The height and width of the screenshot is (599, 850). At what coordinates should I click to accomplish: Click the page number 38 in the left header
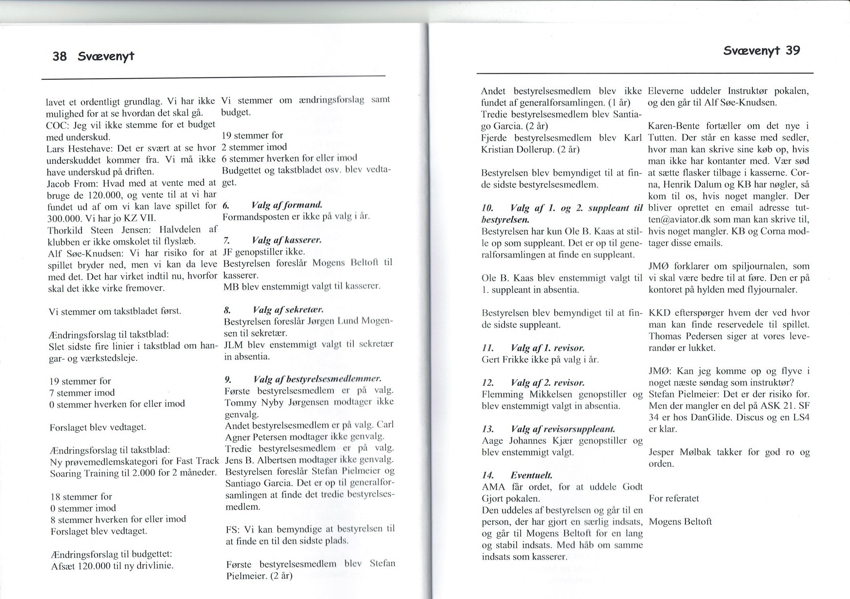pos(59,56)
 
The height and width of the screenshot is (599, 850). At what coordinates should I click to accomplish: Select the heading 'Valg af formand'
pos(286,204)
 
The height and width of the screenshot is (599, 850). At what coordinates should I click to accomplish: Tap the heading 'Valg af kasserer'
pos(286,240)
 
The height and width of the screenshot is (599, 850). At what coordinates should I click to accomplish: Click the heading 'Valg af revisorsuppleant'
pos(563,429)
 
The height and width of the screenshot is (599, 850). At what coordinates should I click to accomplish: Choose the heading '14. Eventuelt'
pos(516,475)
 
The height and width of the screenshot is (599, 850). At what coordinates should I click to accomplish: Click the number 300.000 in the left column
pos(66,218)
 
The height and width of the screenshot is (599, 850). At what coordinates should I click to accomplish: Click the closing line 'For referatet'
pos(674,498)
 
